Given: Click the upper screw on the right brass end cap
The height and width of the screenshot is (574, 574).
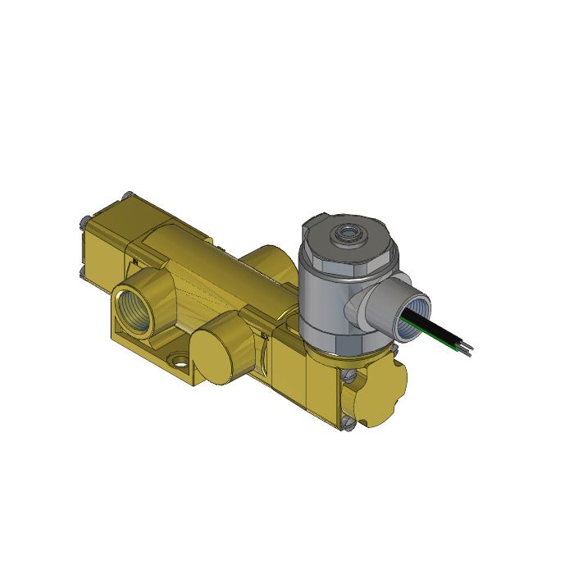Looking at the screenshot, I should point(351,376).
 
